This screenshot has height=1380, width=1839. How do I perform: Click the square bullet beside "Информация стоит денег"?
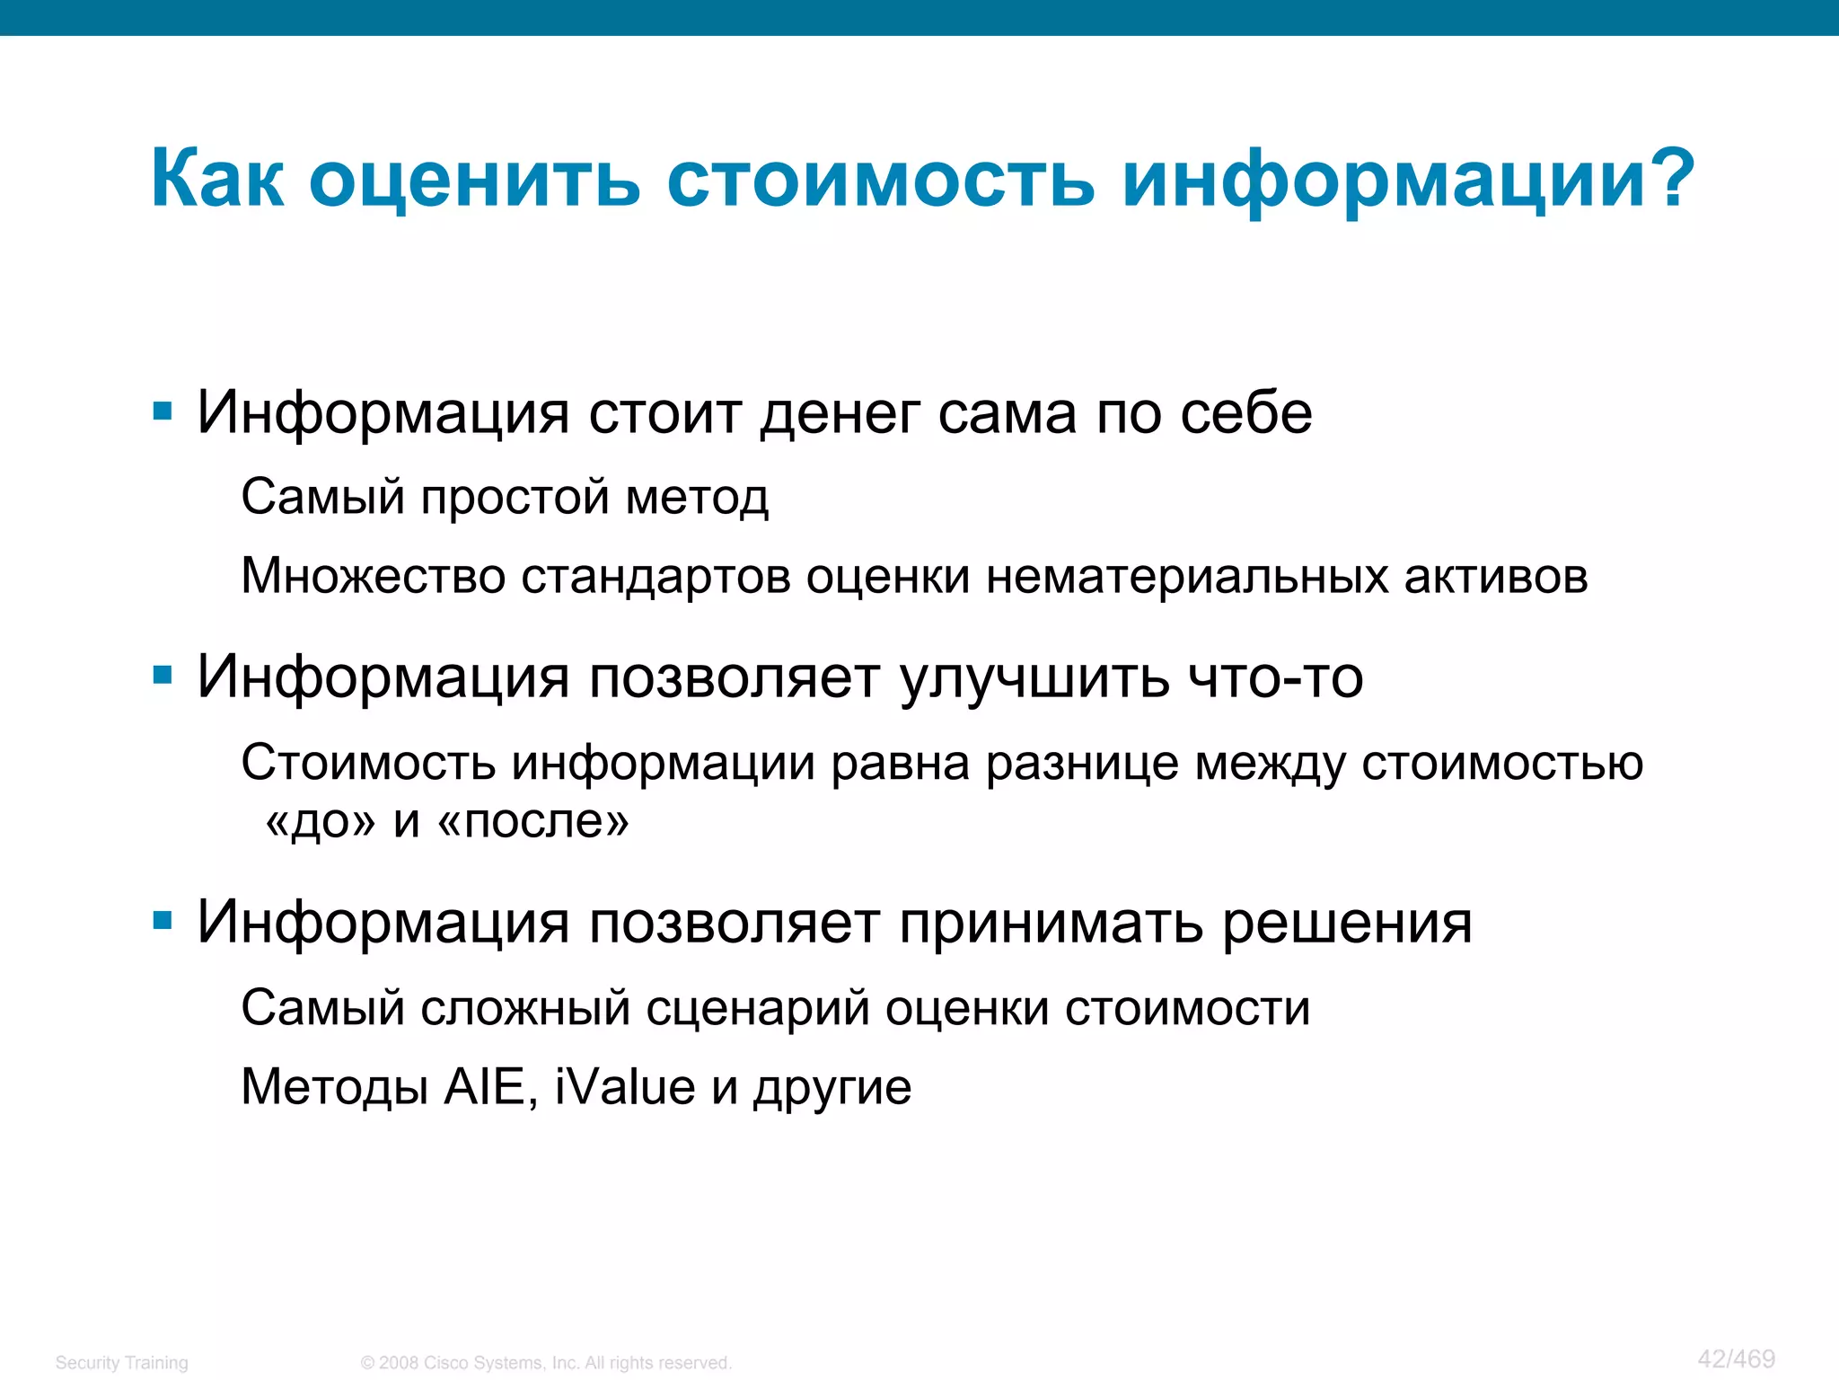(x=163, y=412)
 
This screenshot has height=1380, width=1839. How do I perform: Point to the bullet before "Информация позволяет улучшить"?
(x=163, y=675)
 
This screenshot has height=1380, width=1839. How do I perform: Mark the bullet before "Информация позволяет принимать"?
(x=163, y=920)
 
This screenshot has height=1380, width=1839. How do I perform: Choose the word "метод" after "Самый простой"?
(x=697, y=498)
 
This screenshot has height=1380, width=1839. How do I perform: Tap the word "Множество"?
(x=373, y=576)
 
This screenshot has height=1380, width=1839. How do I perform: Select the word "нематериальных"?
(x=1186, y=576)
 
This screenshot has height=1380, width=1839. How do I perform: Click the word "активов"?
(x=1495, y=576)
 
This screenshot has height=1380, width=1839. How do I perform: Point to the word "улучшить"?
(x=1034, y=678)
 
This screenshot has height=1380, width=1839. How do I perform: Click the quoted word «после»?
(x=533, y=820)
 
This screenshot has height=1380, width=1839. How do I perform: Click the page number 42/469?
(x=1736, y=1358)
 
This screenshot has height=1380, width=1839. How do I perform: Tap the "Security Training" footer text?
(x=121, y=1362)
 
